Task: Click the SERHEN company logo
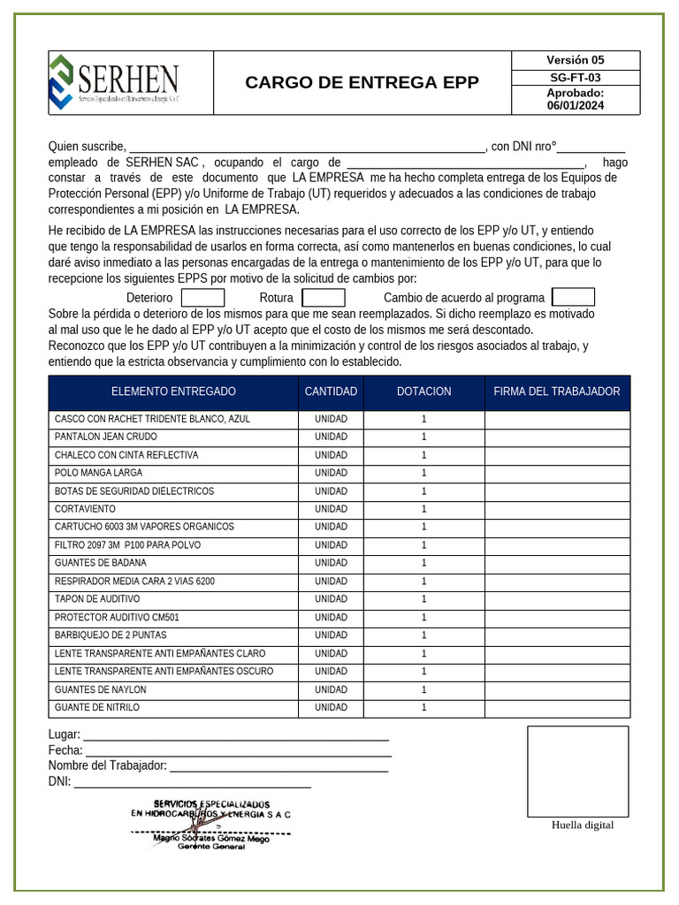pos(115,82)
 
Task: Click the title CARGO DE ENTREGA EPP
pos(362,83)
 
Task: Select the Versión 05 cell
pos(575,60)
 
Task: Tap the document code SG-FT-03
pos(575,78)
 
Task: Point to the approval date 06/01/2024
pos(575,105)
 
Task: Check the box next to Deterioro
pos(202,298)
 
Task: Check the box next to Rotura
pos(323,298)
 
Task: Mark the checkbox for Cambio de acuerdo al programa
pos(573,297)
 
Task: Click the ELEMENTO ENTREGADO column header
pos(173,392)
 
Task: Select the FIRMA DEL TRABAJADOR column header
pos(557,392)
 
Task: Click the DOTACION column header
pos(423,392)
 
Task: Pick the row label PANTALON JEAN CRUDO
pos(106,437)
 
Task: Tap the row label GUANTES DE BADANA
pos(101,563)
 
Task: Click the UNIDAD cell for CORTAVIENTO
pos(331,509)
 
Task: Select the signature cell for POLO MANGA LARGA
pos(557,473)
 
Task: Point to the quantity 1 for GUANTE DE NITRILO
pos(423,708)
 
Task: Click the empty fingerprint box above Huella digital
pos(577,771)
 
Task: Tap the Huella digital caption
pos(582,825)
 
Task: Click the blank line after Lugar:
pos(235,735)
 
